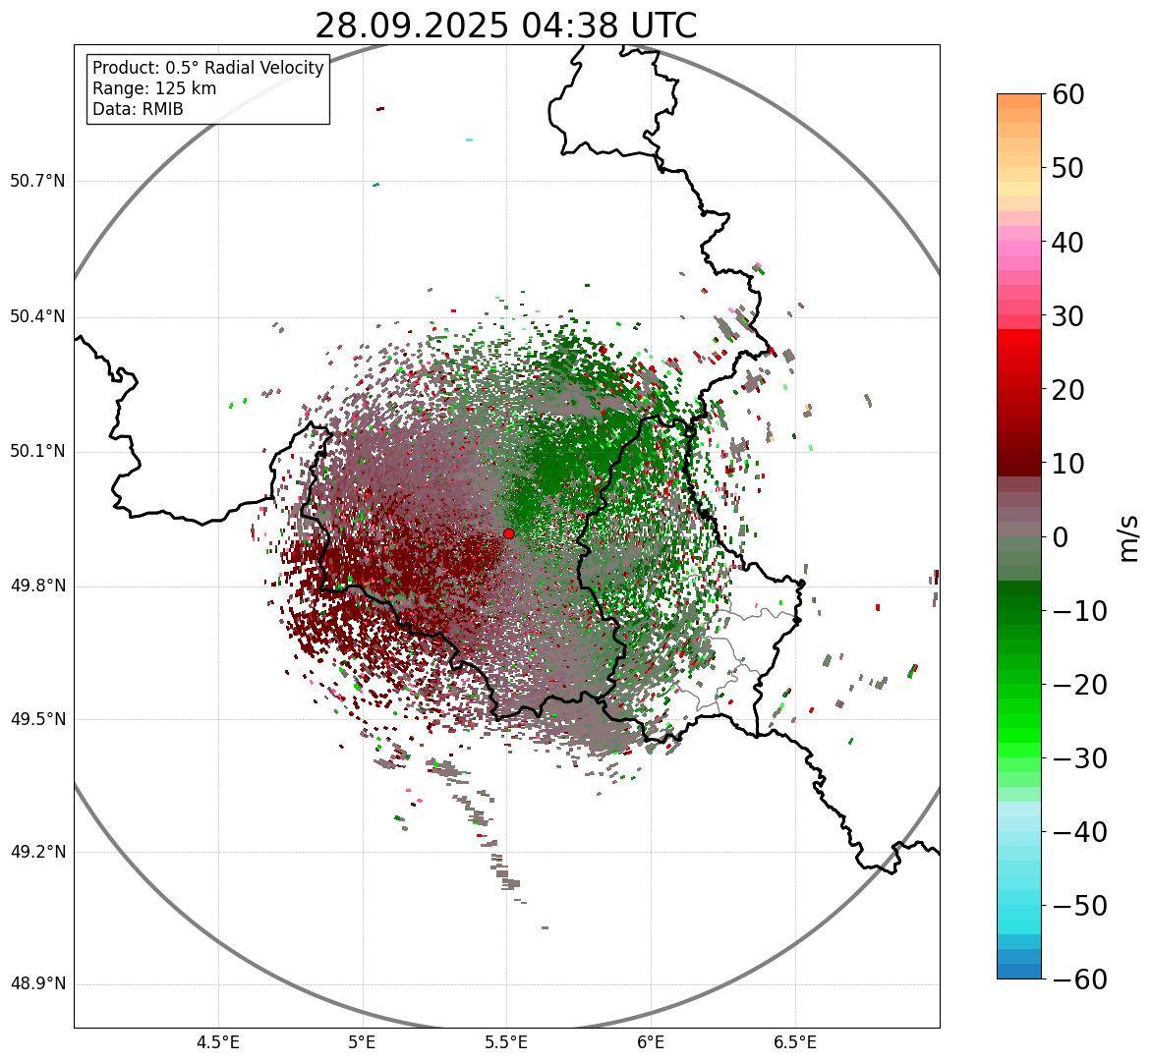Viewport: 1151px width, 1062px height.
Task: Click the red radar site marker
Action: tap(508, 533)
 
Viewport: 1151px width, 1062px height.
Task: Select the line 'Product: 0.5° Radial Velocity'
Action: tap(207, 68)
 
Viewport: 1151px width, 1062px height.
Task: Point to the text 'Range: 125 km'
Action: tap(154, 88)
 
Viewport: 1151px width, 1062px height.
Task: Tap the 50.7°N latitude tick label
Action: tap(37, 182)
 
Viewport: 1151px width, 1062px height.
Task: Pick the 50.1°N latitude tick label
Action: tap(37, 452)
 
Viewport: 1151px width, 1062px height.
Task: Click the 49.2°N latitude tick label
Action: tap(37, 852)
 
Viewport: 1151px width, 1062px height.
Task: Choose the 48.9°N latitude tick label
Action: tap(37, 984)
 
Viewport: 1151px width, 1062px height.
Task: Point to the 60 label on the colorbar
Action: tap(1068, 94)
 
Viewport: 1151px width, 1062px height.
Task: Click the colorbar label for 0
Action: tap(1060, 537)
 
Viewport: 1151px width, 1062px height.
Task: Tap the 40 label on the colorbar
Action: tap(1068, 242)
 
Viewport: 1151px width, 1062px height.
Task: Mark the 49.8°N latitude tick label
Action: tap(37, 587)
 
